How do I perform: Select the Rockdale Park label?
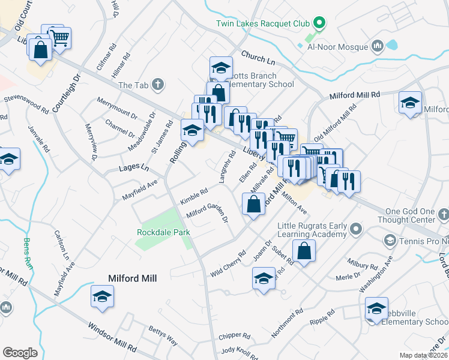(x=163, y=232)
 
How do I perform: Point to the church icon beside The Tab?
(x=158, y=85)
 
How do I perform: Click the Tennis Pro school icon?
(x=389, y=241)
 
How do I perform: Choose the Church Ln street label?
(x=258, y=58)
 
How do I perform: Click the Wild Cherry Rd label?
(x=228, y=264)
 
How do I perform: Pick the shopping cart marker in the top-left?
(x=59, y=39)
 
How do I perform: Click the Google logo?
(x=20, y=353)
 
